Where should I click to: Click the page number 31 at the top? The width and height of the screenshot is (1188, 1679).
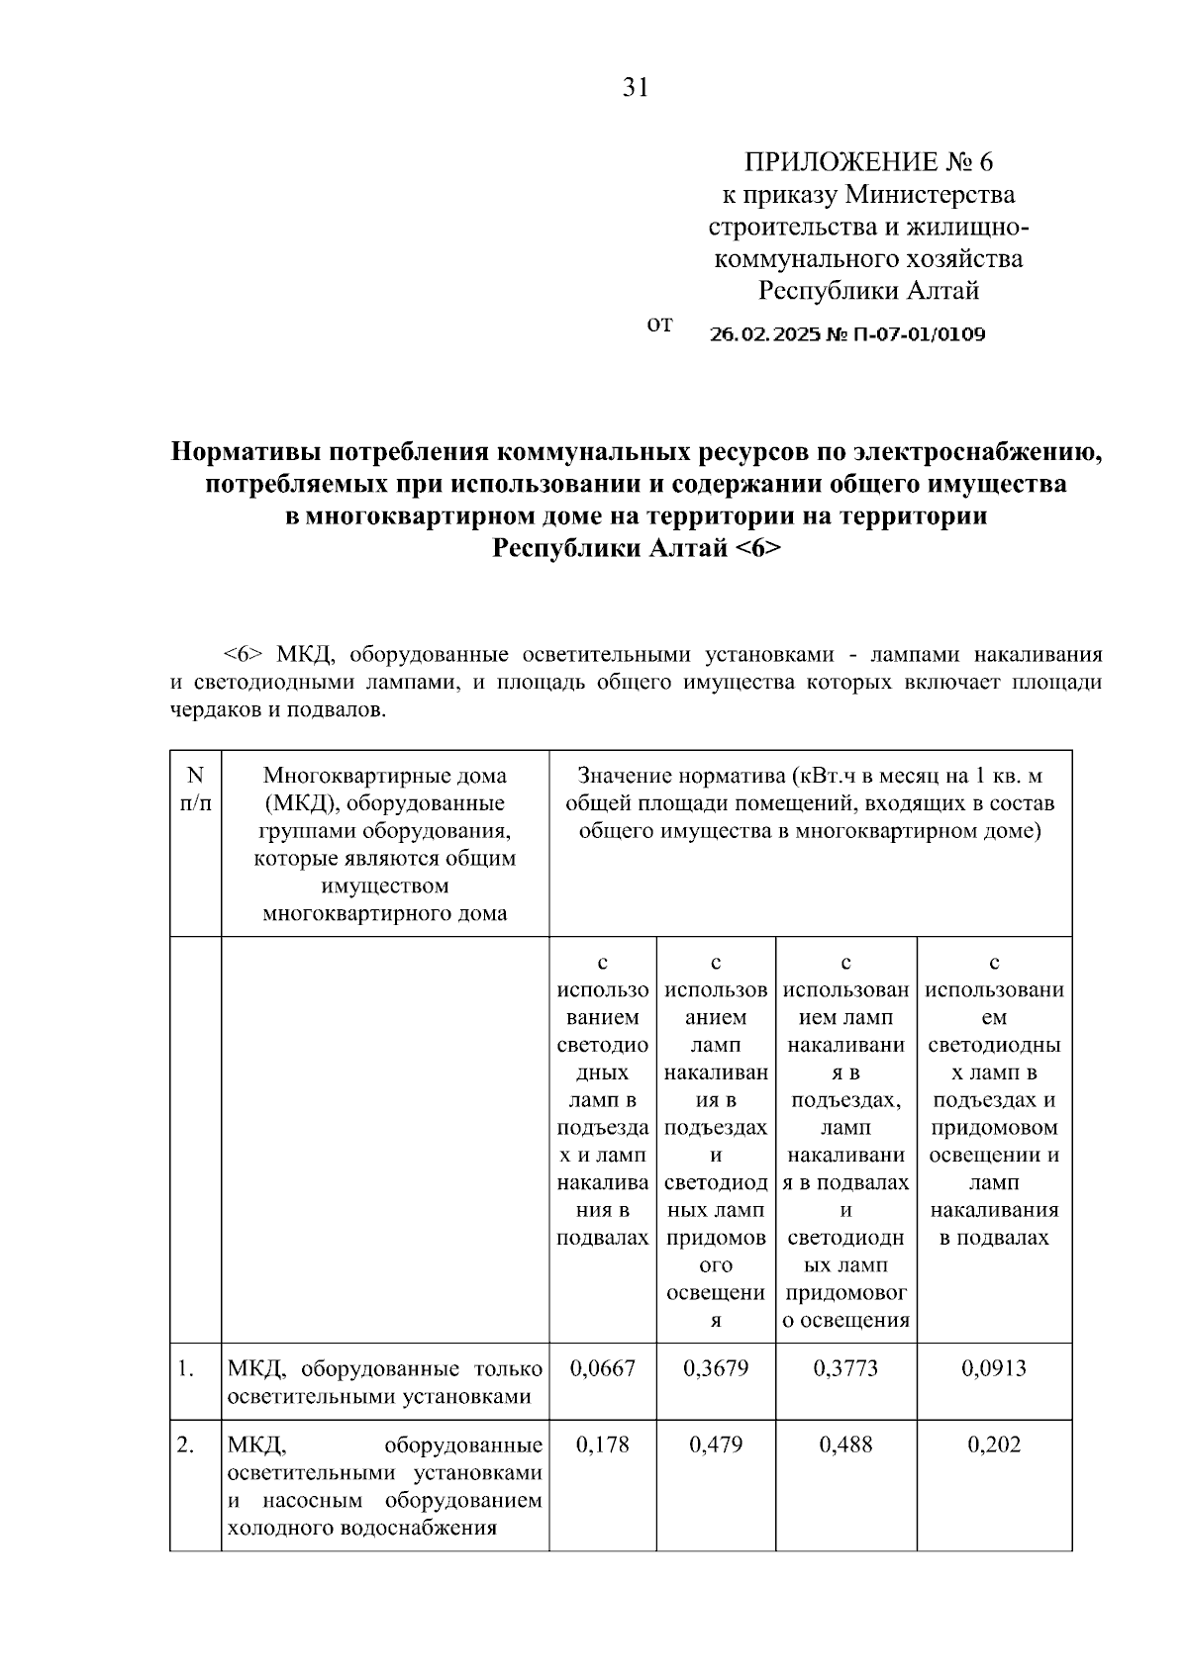pos(635,88)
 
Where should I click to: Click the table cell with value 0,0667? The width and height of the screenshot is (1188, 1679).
pos(602,1368)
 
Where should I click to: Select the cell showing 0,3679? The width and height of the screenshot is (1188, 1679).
pos(716,1368)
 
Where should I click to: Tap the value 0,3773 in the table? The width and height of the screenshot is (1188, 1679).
pos(845,1368)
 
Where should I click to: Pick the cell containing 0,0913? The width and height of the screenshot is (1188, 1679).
pos(994,1368)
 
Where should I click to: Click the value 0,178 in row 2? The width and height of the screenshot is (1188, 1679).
pos(602,1445)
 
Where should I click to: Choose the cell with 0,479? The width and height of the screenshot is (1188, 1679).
pos(716,1445)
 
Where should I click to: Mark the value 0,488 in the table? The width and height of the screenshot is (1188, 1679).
pos(845,1445)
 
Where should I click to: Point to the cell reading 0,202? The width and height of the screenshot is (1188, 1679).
pos(994,1445)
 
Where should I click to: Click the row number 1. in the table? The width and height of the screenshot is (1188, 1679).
pos(185,1369)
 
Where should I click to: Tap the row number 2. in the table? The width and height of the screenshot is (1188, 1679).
pos(185,1446)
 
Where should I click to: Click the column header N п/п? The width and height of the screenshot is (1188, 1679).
pos(195,790)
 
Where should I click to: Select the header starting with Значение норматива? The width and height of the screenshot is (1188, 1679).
pos(810,803)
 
